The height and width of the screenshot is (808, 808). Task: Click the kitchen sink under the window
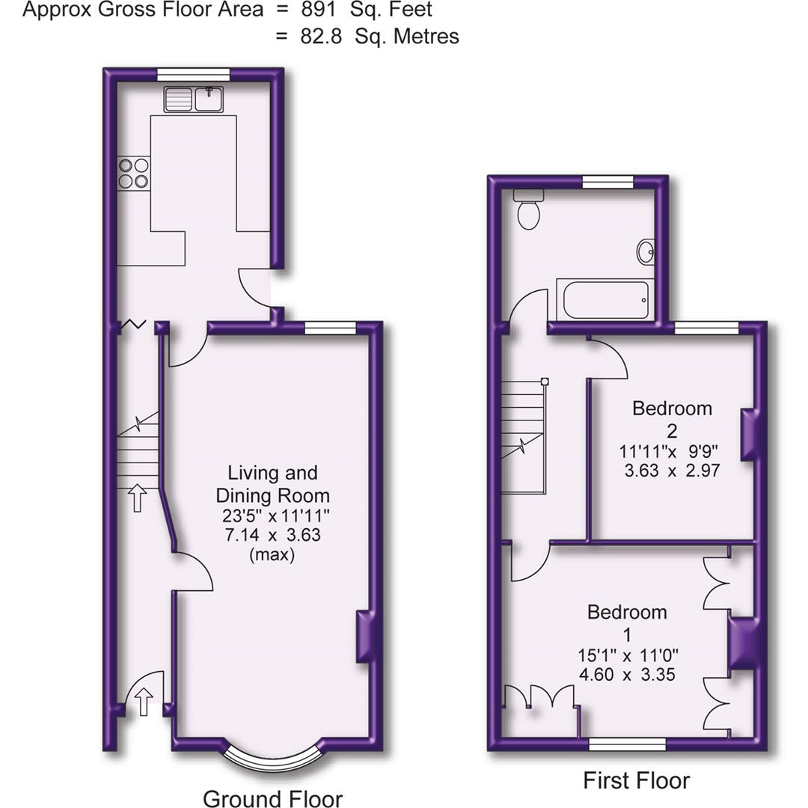pos(194,99)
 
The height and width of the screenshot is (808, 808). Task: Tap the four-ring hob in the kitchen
pos(133,173)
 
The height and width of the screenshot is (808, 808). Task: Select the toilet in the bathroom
pos(528,210)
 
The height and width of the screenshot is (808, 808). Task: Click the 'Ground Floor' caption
pos(272,799)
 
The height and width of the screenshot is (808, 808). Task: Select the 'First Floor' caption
pos(637,780)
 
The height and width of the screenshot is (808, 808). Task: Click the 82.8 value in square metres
pos(322,36)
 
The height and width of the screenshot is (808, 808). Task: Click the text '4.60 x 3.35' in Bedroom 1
pos(627,674)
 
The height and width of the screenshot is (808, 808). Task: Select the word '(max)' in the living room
pos(272,554)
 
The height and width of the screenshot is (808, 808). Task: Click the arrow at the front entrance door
pos(144,702)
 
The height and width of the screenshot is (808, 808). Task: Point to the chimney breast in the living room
pos(364,637)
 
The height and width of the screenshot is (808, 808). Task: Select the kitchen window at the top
pos(193,73)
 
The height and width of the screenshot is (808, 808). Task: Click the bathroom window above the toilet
pos(607,180)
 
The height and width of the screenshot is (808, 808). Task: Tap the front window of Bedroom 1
pos(627,743)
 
